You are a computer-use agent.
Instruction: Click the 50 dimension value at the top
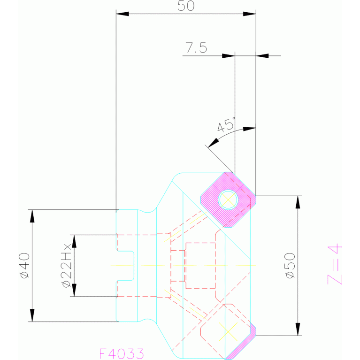tap(186, 6)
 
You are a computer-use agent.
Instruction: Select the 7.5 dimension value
tap(197, 47)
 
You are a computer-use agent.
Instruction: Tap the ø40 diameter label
tap(24, 266)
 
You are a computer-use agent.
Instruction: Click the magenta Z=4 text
tap(334, 265)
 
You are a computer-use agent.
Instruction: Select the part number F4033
tap(121, 353)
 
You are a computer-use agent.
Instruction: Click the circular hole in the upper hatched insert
tap(229, 200)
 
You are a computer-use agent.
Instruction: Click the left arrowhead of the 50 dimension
tap(122, 14)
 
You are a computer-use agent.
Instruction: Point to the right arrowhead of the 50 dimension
tap(250, 14)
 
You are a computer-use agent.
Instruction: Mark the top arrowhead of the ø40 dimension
tap(32, 215)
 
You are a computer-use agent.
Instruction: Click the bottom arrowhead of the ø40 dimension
tap(32, 315)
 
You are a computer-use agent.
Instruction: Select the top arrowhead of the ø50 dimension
tap(298, 202)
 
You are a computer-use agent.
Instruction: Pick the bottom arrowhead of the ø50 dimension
tap(298, 329)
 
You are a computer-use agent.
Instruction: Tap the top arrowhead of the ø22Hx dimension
tap(73, 240)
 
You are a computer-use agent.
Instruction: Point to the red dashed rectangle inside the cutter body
tap(200, 265)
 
